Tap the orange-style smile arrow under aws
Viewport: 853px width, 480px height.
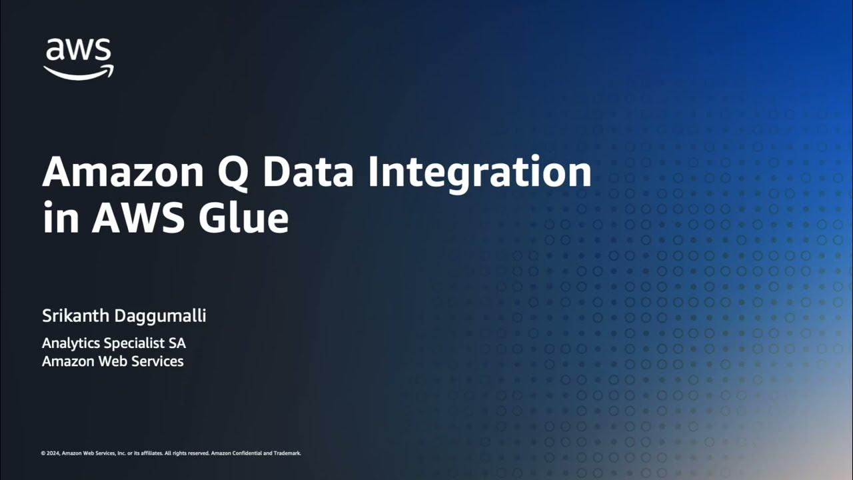[x=79, y=72]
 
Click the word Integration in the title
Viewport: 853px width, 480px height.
[x=480, y=173]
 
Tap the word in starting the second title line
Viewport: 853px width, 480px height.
[x=61, y=218]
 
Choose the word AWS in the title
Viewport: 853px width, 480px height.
[x=137, y=218]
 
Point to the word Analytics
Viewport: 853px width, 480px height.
[x=71, y=344]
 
